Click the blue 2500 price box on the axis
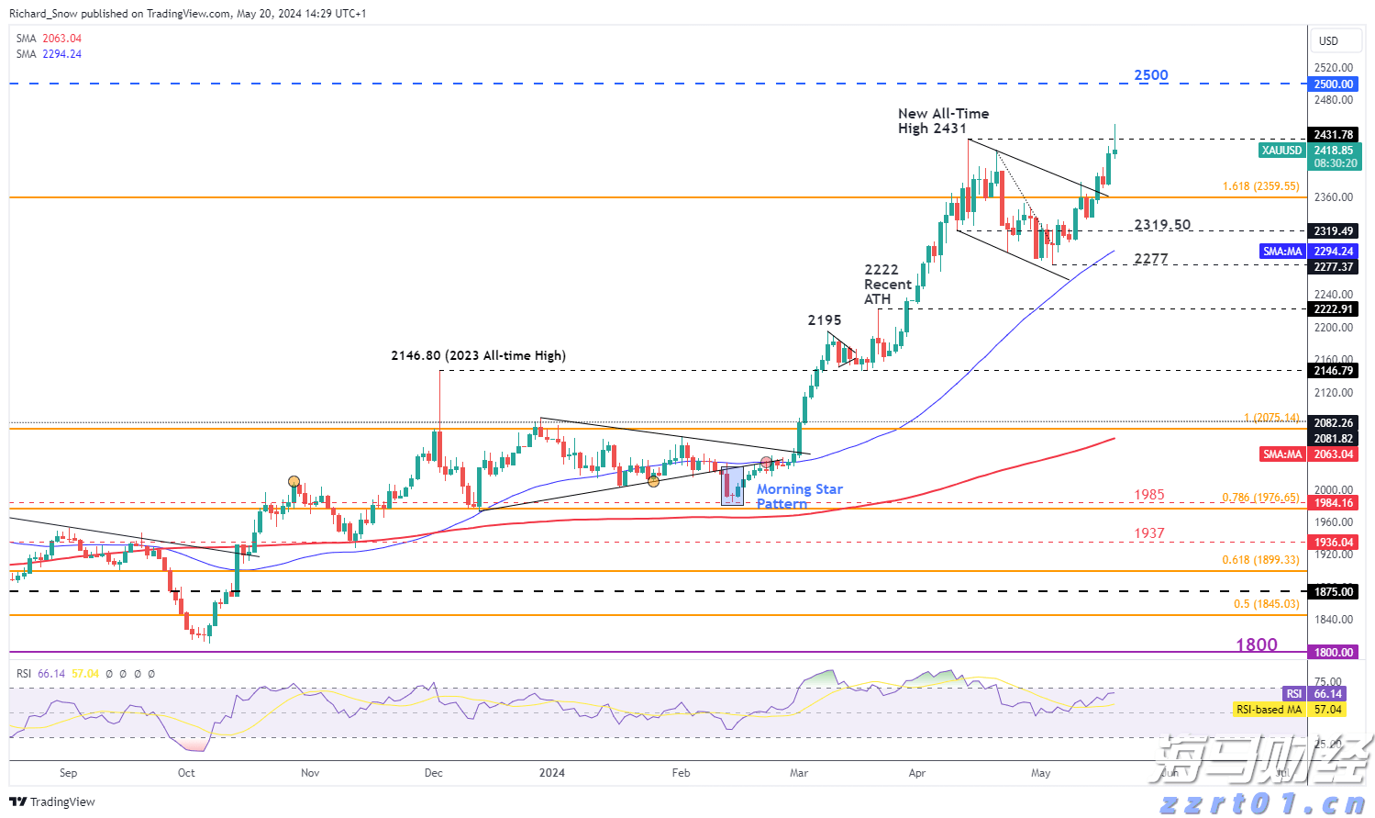tap(1333, 84)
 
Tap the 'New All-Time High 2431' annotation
tap(943, 121)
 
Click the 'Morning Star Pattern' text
tap(799, 496)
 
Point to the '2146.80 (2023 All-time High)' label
tap(478, 355)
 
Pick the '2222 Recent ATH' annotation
tap(887, 284)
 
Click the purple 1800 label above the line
tap(1256, 644)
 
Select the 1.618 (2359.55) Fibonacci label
tap(1260, 186)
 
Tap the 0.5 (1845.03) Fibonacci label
tap(1266, 604)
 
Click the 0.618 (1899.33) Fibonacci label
tap(1260, 560)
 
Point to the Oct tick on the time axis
tap(186, 773)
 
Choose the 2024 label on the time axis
tap(551, 773)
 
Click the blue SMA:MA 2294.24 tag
tap(1282, 252)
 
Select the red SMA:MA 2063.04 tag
tap(1282, 454)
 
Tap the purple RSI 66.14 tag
tap(1293, 694)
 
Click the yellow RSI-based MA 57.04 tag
tap(1270, 710)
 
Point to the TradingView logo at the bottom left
tap(53, 801)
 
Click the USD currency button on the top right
tap(1328, 41)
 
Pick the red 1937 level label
tap(1148, 533)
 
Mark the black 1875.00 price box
tap(1333, 591)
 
